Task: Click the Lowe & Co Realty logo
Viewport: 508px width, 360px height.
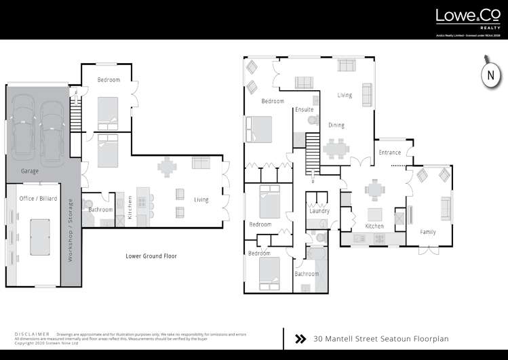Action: coord(467,18)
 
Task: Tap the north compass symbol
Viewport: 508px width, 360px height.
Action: coord(490,76)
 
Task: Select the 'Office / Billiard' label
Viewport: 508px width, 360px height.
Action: coord(38,197)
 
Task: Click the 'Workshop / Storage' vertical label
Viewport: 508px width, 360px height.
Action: coord(69,231)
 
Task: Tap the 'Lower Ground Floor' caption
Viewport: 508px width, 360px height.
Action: coord(151,256)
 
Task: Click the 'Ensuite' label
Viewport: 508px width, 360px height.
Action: coord(304,109)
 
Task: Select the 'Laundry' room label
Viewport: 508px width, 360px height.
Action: coord(319,212)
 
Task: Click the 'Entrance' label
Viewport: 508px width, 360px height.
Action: coord(389,153)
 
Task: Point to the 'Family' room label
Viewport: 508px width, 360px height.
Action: coord(427,232)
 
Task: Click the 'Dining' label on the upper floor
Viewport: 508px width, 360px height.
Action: coord(336,125)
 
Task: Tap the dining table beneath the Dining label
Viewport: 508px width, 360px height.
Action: coord(336,147)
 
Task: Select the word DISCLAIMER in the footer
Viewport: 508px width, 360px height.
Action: coord(32,334)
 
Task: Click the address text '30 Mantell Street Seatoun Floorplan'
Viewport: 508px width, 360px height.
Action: coord(380,338)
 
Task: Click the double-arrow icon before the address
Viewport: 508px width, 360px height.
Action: coord(300,338)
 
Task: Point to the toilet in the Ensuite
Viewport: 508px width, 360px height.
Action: coord(312,121)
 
